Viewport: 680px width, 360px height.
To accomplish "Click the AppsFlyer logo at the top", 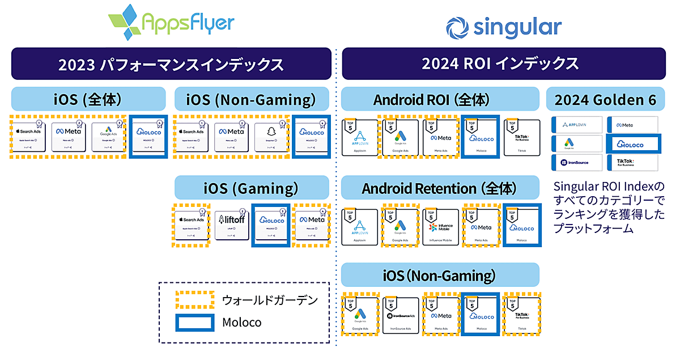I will click(x=171, y=23).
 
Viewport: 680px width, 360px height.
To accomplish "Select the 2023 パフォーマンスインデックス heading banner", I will click(x=171, y=63).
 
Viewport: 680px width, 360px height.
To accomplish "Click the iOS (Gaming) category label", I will click(x=252, y=188).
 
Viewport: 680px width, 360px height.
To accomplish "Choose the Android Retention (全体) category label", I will click(x=440, y=188).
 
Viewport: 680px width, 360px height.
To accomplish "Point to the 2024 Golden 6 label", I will click(x=605, y=99).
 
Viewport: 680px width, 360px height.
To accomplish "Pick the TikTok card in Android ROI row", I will click(x=522, y=138).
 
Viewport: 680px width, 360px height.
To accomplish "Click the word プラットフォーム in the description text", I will click(x=592, y=230).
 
